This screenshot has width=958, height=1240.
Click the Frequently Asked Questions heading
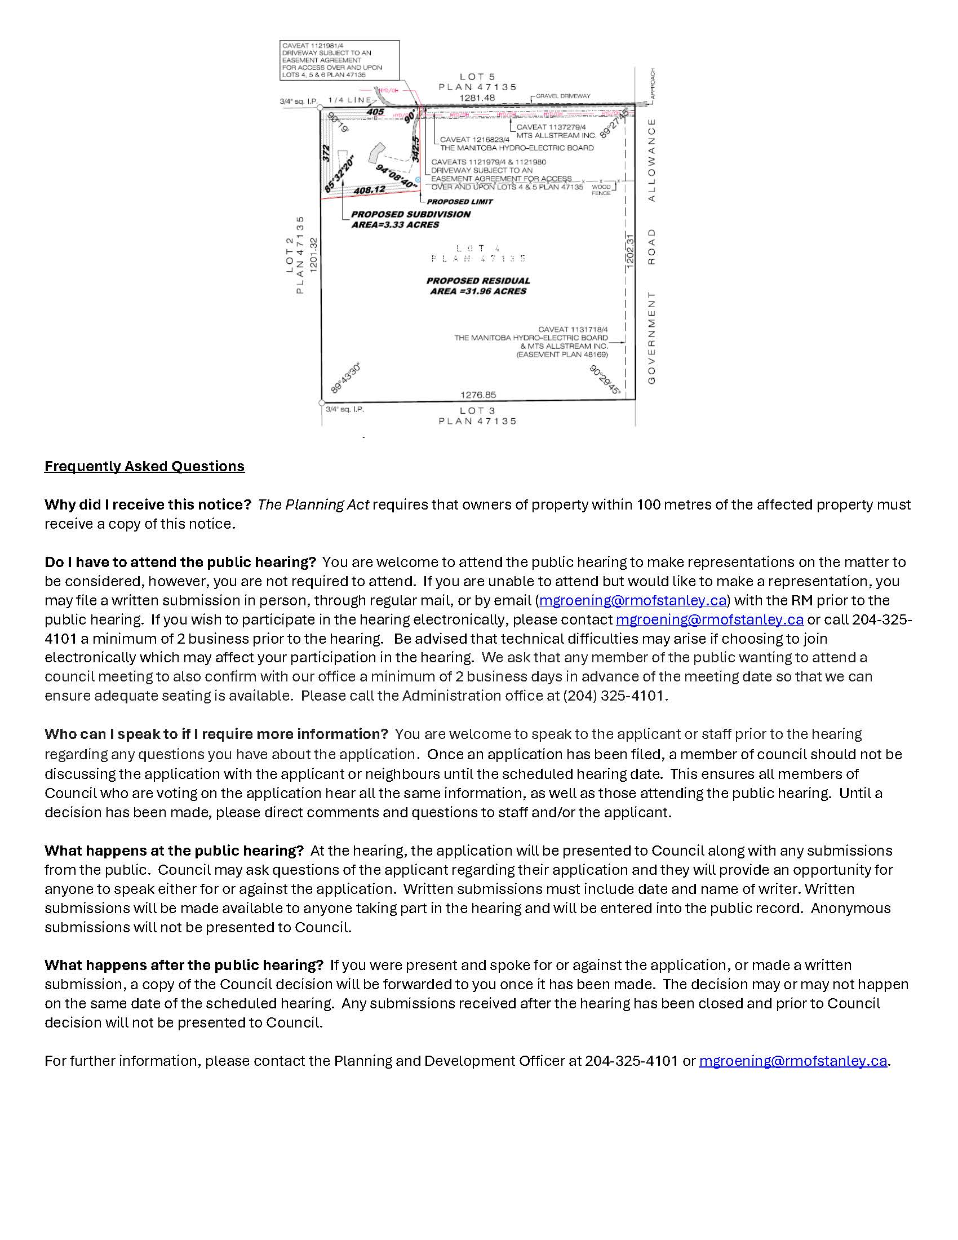point(144,466)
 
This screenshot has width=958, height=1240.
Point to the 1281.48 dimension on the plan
point(477,98)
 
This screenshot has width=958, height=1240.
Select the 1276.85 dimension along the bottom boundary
point(478,395)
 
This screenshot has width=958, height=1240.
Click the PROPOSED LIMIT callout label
point(460,202)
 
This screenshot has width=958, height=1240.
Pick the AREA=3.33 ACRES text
point(395,225)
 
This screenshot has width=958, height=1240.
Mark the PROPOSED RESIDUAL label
point(478,281)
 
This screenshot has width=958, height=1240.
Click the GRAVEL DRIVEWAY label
point(562,96)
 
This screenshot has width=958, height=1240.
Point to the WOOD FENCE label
point(601,189)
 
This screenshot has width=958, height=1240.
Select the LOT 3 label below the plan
point(477,410)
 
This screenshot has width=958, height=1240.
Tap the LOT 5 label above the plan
point(477,76)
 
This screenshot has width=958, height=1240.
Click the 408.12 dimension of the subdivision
point(370,190)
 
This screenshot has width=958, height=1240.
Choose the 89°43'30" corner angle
point(345,379)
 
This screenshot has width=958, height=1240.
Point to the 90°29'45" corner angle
point(605,379)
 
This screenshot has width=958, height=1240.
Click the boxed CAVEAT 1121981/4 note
point(339,60)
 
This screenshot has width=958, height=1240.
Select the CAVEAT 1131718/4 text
point(573,329)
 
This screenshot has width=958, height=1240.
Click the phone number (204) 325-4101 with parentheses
point(613,696)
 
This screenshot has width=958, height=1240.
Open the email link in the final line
point(792,1061)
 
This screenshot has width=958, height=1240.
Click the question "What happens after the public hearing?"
point(184,965)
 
